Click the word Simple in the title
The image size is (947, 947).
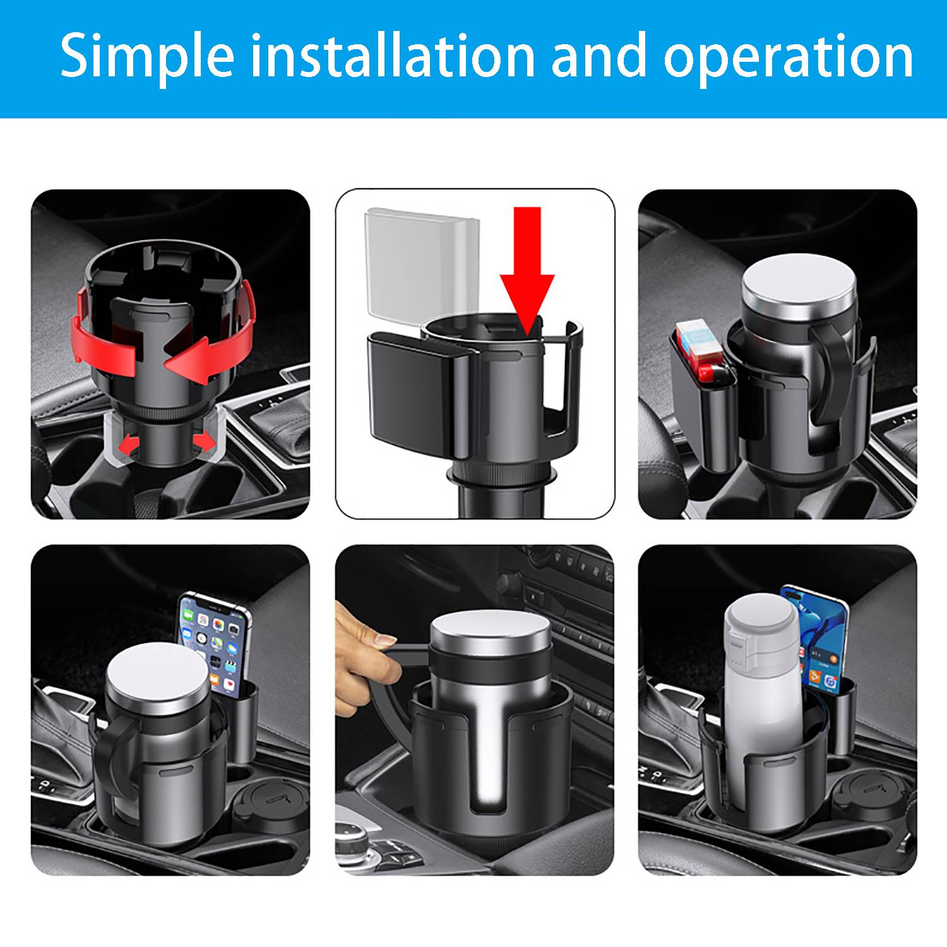147,57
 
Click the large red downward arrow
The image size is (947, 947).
527,265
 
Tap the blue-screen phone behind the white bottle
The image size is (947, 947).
818,638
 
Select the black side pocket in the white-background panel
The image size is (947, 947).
410,391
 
